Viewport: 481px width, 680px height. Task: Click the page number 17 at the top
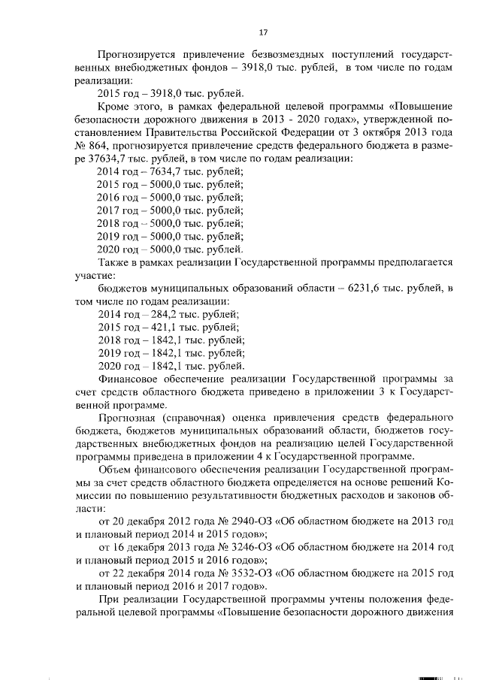[263, 32]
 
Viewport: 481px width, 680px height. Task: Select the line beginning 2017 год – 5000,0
[171, 210]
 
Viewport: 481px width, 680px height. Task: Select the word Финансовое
[131, 379]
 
